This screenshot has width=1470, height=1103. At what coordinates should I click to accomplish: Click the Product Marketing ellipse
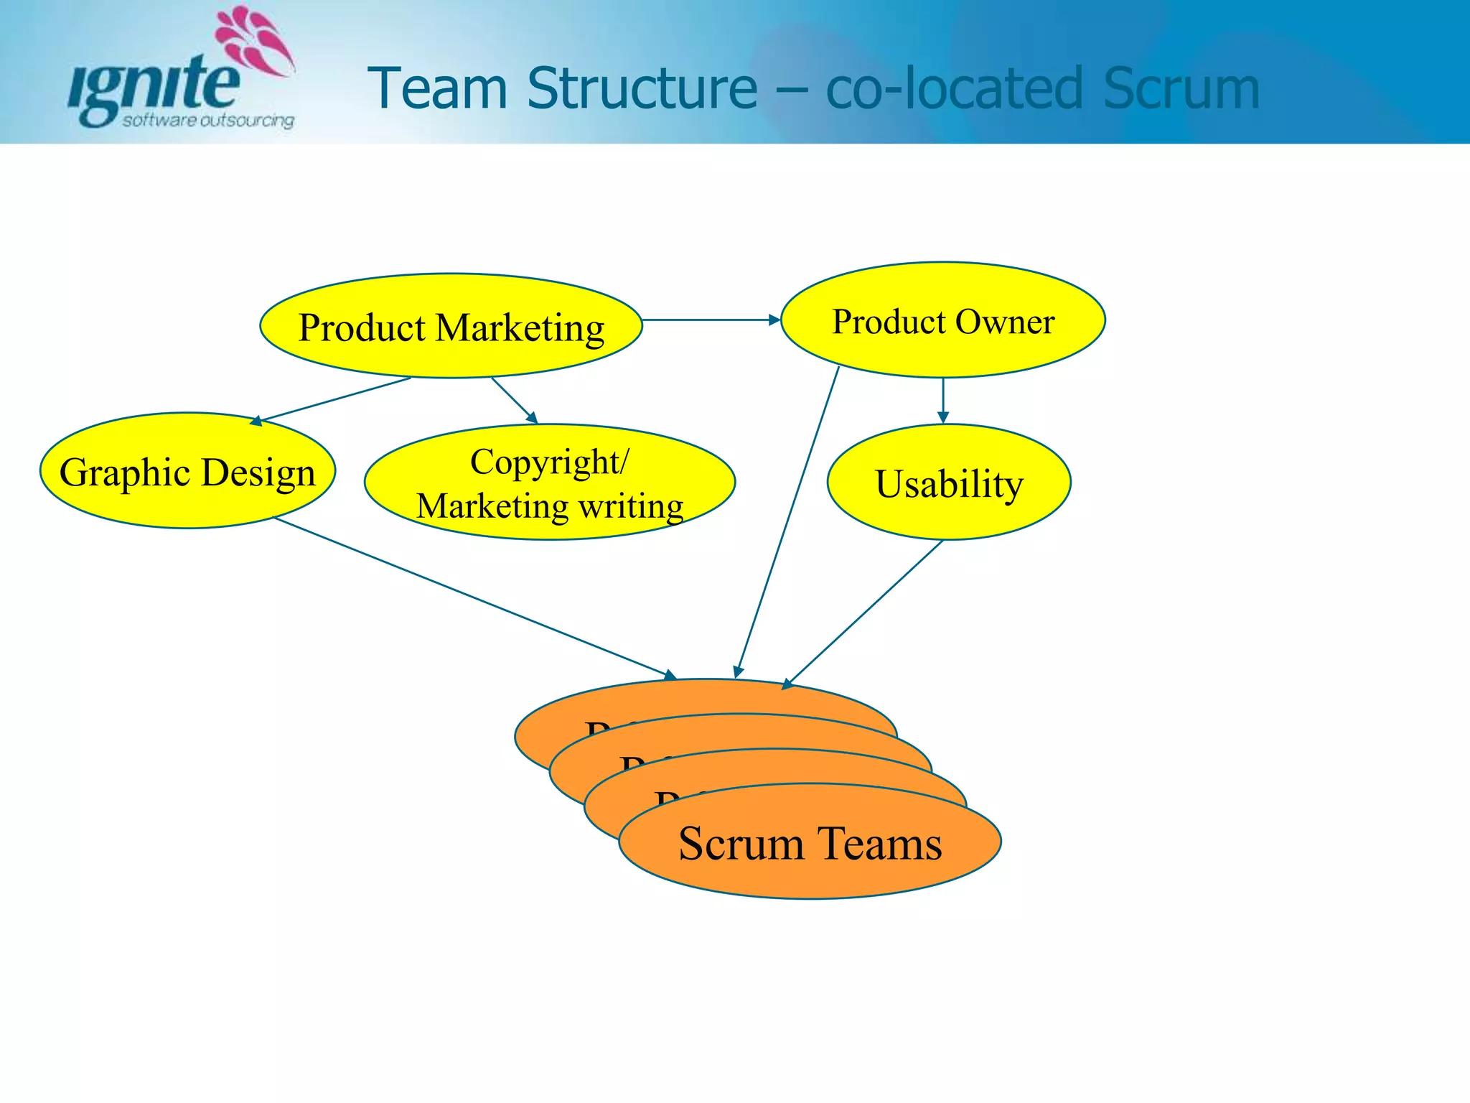pos(451,326)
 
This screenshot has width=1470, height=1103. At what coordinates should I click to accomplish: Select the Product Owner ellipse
pos(942,320)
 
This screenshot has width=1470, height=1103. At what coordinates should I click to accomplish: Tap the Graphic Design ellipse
pos(187,471)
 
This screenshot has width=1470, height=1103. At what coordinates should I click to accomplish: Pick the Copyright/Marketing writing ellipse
pos(549,483)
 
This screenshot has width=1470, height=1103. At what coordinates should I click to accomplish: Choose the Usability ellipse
pos(948,483)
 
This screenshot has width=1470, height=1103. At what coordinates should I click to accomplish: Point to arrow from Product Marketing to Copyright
pos(513,399)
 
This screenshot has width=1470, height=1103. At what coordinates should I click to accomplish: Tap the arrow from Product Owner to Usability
pos(943,399)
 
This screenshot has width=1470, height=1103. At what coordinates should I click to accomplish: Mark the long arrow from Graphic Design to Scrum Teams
pos(474,597)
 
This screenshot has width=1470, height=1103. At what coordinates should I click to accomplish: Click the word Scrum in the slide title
pos(1181,88)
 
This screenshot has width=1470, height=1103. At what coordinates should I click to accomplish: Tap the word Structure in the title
pos(642,88)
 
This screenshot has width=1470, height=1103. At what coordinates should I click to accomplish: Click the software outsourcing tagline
pos(208,121)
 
